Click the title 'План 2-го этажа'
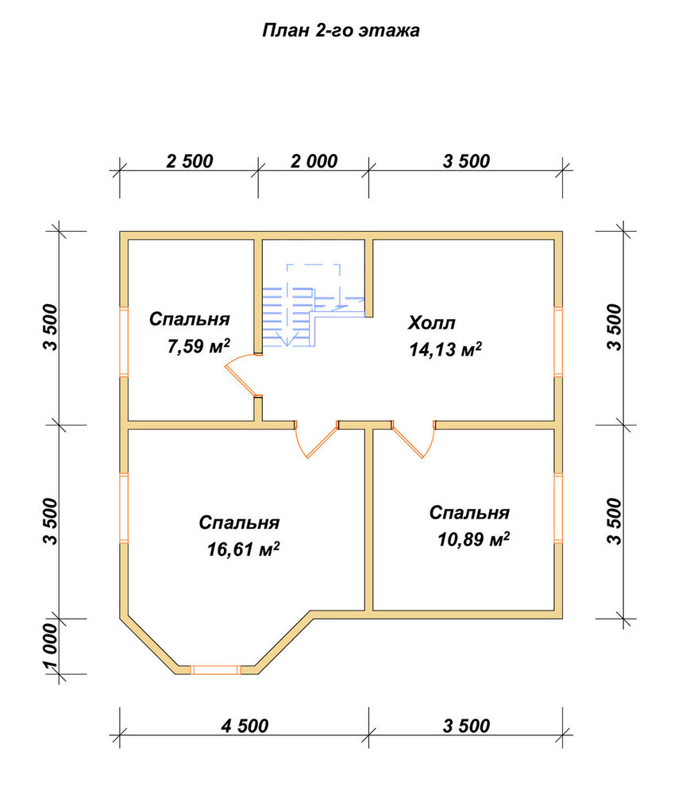341,31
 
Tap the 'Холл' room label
431,322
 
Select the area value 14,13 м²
445,349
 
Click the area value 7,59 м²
198,346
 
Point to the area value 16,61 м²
243,549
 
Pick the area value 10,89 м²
473,539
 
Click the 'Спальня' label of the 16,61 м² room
239,522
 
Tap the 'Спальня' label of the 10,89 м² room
469,512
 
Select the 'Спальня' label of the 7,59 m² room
190,319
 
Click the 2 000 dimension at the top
314,161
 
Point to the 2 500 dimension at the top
190,161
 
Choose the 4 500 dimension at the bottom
245,726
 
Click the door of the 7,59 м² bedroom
241,374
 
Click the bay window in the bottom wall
215,670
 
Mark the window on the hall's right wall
558,341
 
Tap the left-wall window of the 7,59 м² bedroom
124,341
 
